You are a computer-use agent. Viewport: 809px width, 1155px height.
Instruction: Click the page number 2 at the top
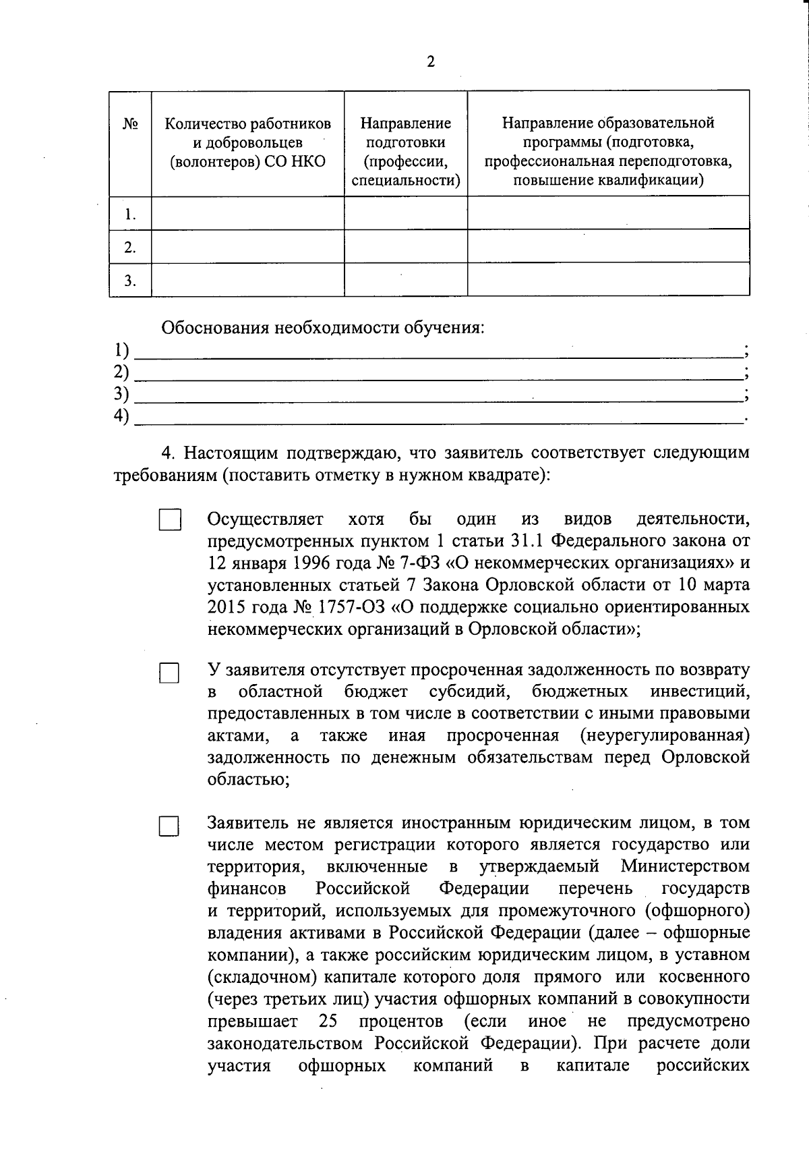(431, 63)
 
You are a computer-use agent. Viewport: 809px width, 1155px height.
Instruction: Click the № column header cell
(131, 125)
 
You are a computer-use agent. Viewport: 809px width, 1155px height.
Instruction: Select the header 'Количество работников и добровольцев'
(248, 143)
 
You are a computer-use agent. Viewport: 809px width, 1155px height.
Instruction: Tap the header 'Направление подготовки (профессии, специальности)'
(405, 152)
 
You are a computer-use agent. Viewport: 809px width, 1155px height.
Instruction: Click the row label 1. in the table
(131, 215)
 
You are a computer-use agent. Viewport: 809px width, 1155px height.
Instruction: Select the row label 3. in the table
(131, 281)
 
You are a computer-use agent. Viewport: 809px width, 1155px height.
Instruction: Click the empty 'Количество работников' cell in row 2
(248, 248)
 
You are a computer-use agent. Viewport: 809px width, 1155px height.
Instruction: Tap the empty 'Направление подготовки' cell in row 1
(405, 214)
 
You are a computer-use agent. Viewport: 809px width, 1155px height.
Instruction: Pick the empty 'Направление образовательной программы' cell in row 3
(608, 280)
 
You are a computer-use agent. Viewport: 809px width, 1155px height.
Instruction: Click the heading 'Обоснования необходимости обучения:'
(322, 329)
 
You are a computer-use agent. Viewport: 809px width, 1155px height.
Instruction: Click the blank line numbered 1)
(438, 351)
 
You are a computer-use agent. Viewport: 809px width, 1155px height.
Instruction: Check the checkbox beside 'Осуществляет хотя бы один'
(170, 520)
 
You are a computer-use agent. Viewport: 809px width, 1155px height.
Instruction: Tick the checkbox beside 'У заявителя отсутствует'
(169, 673)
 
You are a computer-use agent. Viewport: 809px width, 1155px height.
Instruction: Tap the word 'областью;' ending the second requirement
(249, 779)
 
